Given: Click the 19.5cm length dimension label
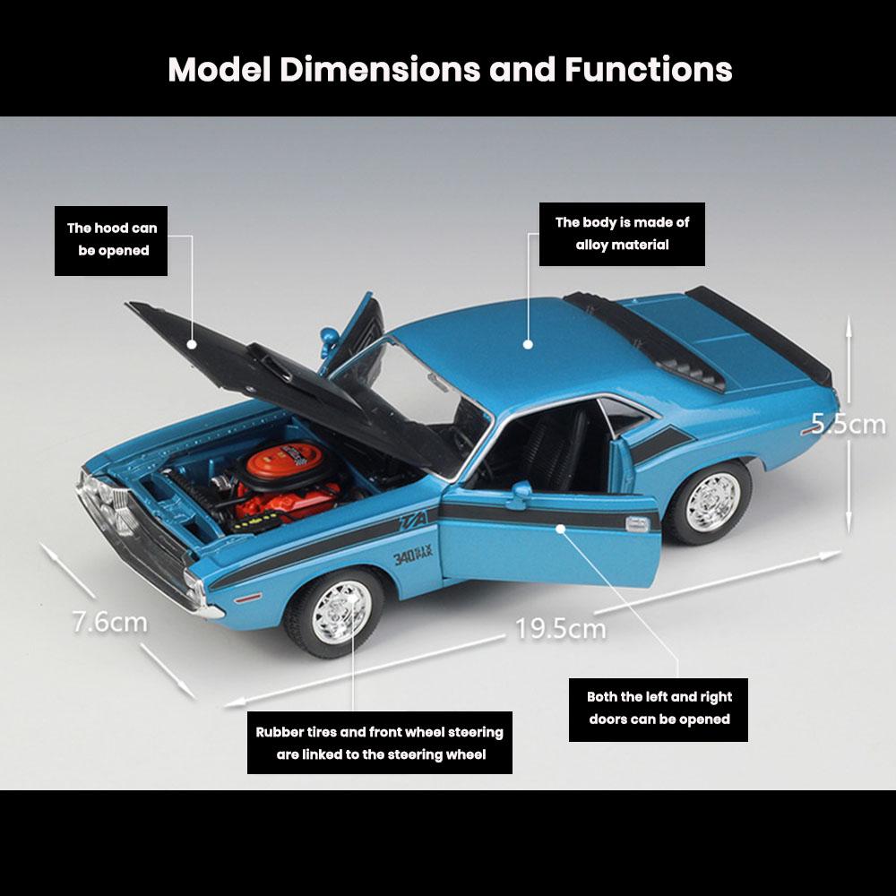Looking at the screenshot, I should [x=560, y=628].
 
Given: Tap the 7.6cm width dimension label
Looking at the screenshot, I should [x=110, y=621].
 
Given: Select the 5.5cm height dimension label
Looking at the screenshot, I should [x=848, y=423].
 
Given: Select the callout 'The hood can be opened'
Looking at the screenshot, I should [x=113, y=239].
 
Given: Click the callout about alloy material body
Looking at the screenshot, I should [x=622, y=234].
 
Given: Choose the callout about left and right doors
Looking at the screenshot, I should [x=659, y=708].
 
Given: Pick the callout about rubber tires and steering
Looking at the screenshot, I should [x=380, y=743].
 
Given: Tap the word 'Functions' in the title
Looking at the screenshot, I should [x=648, y=69].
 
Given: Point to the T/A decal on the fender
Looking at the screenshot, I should [x=415, y=520].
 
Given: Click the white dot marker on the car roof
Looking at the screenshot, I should [x=528, y=343].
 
